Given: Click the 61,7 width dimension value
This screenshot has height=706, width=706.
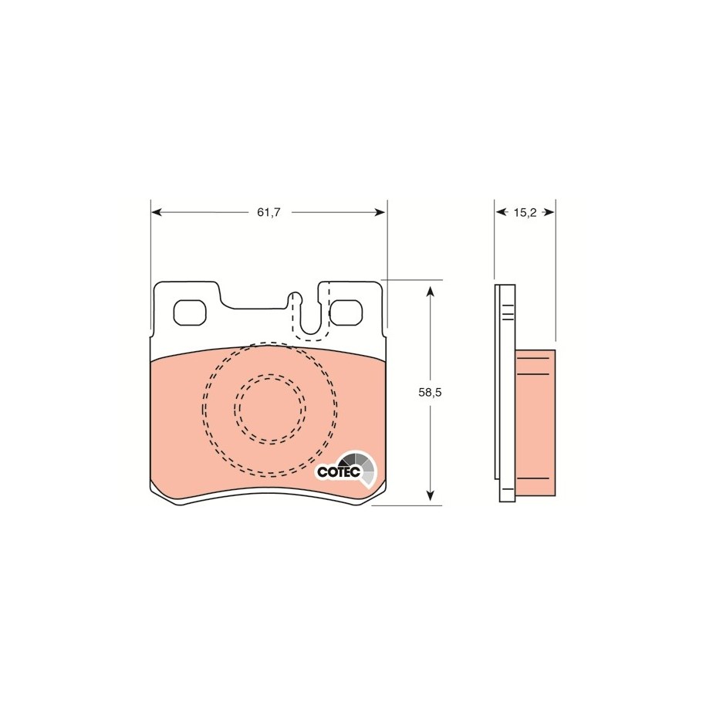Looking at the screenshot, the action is click(269, 212).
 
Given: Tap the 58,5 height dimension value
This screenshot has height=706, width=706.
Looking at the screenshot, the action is click(430, 392).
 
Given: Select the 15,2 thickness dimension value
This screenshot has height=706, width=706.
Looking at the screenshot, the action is click(525, 212).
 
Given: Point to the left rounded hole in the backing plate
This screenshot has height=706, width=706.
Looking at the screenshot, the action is click(190, 312).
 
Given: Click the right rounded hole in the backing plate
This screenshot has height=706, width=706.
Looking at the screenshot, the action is click(346, 312).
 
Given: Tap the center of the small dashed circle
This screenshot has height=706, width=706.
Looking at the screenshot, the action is click(270, 409).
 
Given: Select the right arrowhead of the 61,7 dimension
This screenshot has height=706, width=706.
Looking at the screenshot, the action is click(381, 212).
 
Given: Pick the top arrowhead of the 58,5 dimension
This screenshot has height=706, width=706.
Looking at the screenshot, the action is click(431, 290).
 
